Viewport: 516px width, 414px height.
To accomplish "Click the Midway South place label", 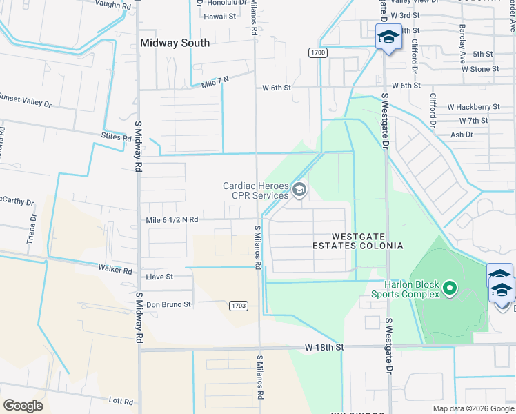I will point(175,43).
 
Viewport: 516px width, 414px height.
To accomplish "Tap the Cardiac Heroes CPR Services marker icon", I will point(299,189).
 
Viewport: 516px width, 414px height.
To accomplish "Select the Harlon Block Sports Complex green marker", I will point(450,287).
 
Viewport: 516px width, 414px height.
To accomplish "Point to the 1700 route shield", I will point(318,52).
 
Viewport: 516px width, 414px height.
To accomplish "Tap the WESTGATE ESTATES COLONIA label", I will point(357,241).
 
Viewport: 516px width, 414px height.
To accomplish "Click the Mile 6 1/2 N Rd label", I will point(172,219).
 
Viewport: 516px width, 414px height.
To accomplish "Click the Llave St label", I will point(159,277).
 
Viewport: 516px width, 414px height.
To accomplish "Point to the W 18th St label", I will point(321,347).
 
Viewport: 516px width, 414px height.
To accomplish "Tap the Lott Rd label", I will point(120,400).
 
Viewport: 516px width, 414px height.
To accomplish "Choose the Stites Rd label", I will point(116,138).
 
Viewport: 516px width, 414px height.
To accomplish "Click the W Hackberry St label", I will point(473,107).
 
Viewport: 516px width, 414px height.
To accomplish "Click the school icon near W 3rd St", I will point(388,37).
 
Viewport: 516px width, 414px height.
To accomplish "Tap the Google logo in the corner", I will point(23,405).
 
